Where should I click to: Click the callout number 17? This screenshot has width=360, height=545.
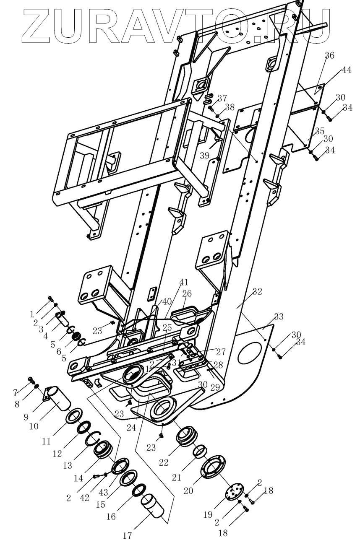pos(127,535)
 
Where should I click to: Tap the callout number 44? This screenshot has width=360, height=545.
pos(346,70)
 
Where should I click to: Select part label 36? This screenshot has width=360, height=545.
pos(329,56)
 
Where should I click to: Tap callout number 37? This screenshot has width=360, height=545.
pos(222,98)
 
